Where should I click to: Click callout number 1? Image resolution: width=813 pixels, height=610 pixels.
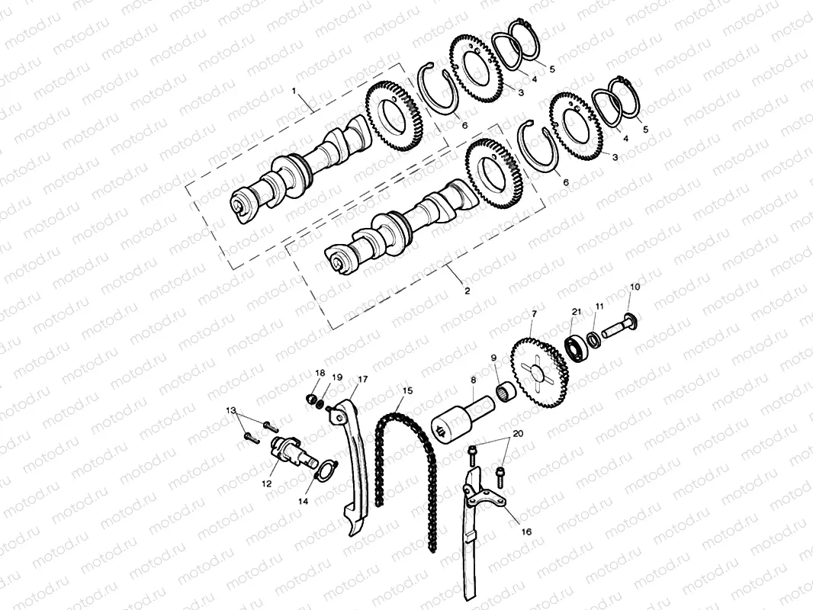pyautogui.click(x=294, y=91)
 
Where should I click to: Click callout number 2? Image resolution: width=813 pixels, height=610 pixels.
pyautogui.click(x=467, y=291)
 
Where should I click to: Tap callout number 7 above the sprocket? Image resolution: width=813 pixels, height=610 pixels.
pyautogui.click(x=534, y=313)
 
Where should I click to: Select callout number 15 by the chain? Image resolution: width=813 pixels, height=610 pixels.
pyautogui.click(x=407, y=390)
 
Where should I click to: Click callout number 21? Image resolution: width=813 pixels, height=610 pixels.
pyautogui.click(x=577, y=312)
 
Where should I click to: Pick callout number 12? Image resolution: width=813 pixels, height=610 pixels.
pyautogui.click(x=266, y=483)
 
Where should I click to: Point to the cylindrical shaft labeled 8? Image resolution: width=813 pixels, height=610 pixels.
pyautogui.click(x=461, y=419)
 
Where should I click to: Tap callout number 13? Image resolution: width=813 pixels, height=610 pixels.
pyautogui.click(x=231, y=411)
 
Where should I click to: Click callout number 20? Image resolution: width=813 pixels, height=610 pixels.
pyautogui.click(x=518, y=433)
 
